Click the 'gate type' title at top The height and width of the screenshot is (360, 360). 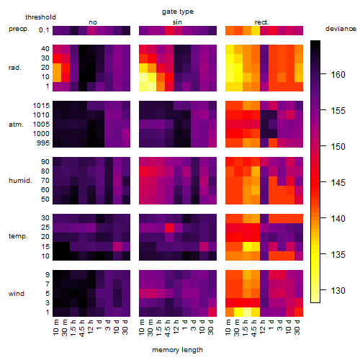178,12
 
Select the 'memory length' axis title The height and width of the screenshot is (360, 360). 177,350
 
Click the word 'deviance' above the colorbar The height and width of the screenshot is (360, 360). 341,29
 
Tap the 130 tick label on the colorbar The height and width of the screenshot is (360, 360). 338,291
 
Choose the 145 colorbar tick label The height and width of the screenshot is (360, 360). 338,183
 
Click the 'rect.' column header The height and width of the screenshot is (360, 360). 262,22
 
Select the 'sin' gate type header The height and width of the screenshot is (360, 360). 177,22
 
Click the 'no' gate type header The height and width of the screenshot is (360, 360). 93,22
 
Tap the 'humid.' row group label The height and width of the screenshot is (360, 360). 20,181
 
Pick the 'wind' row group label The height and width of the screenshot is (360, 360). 17,294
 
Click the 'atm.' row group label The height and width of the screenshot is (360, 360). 16,125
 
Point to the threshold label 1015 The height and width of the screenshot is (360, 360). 41,106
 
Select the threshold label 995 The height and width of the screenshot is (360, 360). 43,143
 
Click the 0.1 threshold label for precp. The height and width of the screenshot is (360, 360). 44,30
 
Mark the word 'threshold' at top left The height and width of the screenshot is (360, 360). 40,17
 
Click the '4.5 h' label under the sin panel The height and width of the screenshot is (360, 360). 168,328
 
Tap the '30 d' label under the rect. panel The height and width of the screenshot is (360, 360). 297,328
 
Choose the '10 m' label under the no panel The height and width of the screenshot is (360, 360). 55,328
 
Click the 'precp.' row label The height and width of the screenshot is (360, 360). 19,30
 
